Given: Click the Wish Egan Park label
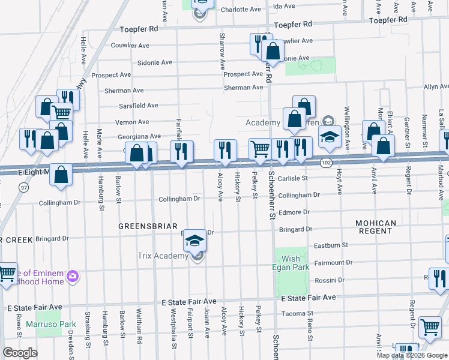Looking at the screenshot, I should (290, 263).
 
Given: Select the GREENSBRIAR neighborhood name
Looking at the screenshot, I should (142, 226).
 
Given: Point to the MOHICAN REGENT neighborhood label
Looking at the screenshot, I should (376, 227).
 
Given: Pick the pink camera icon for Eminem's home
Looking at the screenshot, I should (73, 276).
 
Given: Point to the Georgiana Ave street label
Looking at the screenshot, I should (139, 137).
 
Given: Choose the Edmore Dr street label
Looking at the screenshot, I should (294, 212).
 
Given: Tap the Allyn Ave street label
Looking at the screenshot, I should (436, 87).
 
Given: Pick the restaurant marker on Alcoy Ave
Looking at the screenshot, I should (224, 151).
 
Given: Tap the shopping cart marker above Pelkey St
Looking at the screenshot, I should (260, 149).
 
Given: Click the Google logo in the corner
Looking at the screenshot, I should (20, 353).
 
